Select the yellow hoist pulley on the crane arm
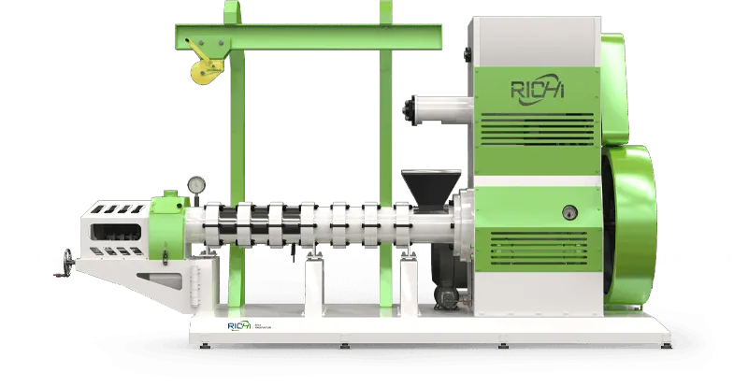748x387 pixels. [x=200, y=69]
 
